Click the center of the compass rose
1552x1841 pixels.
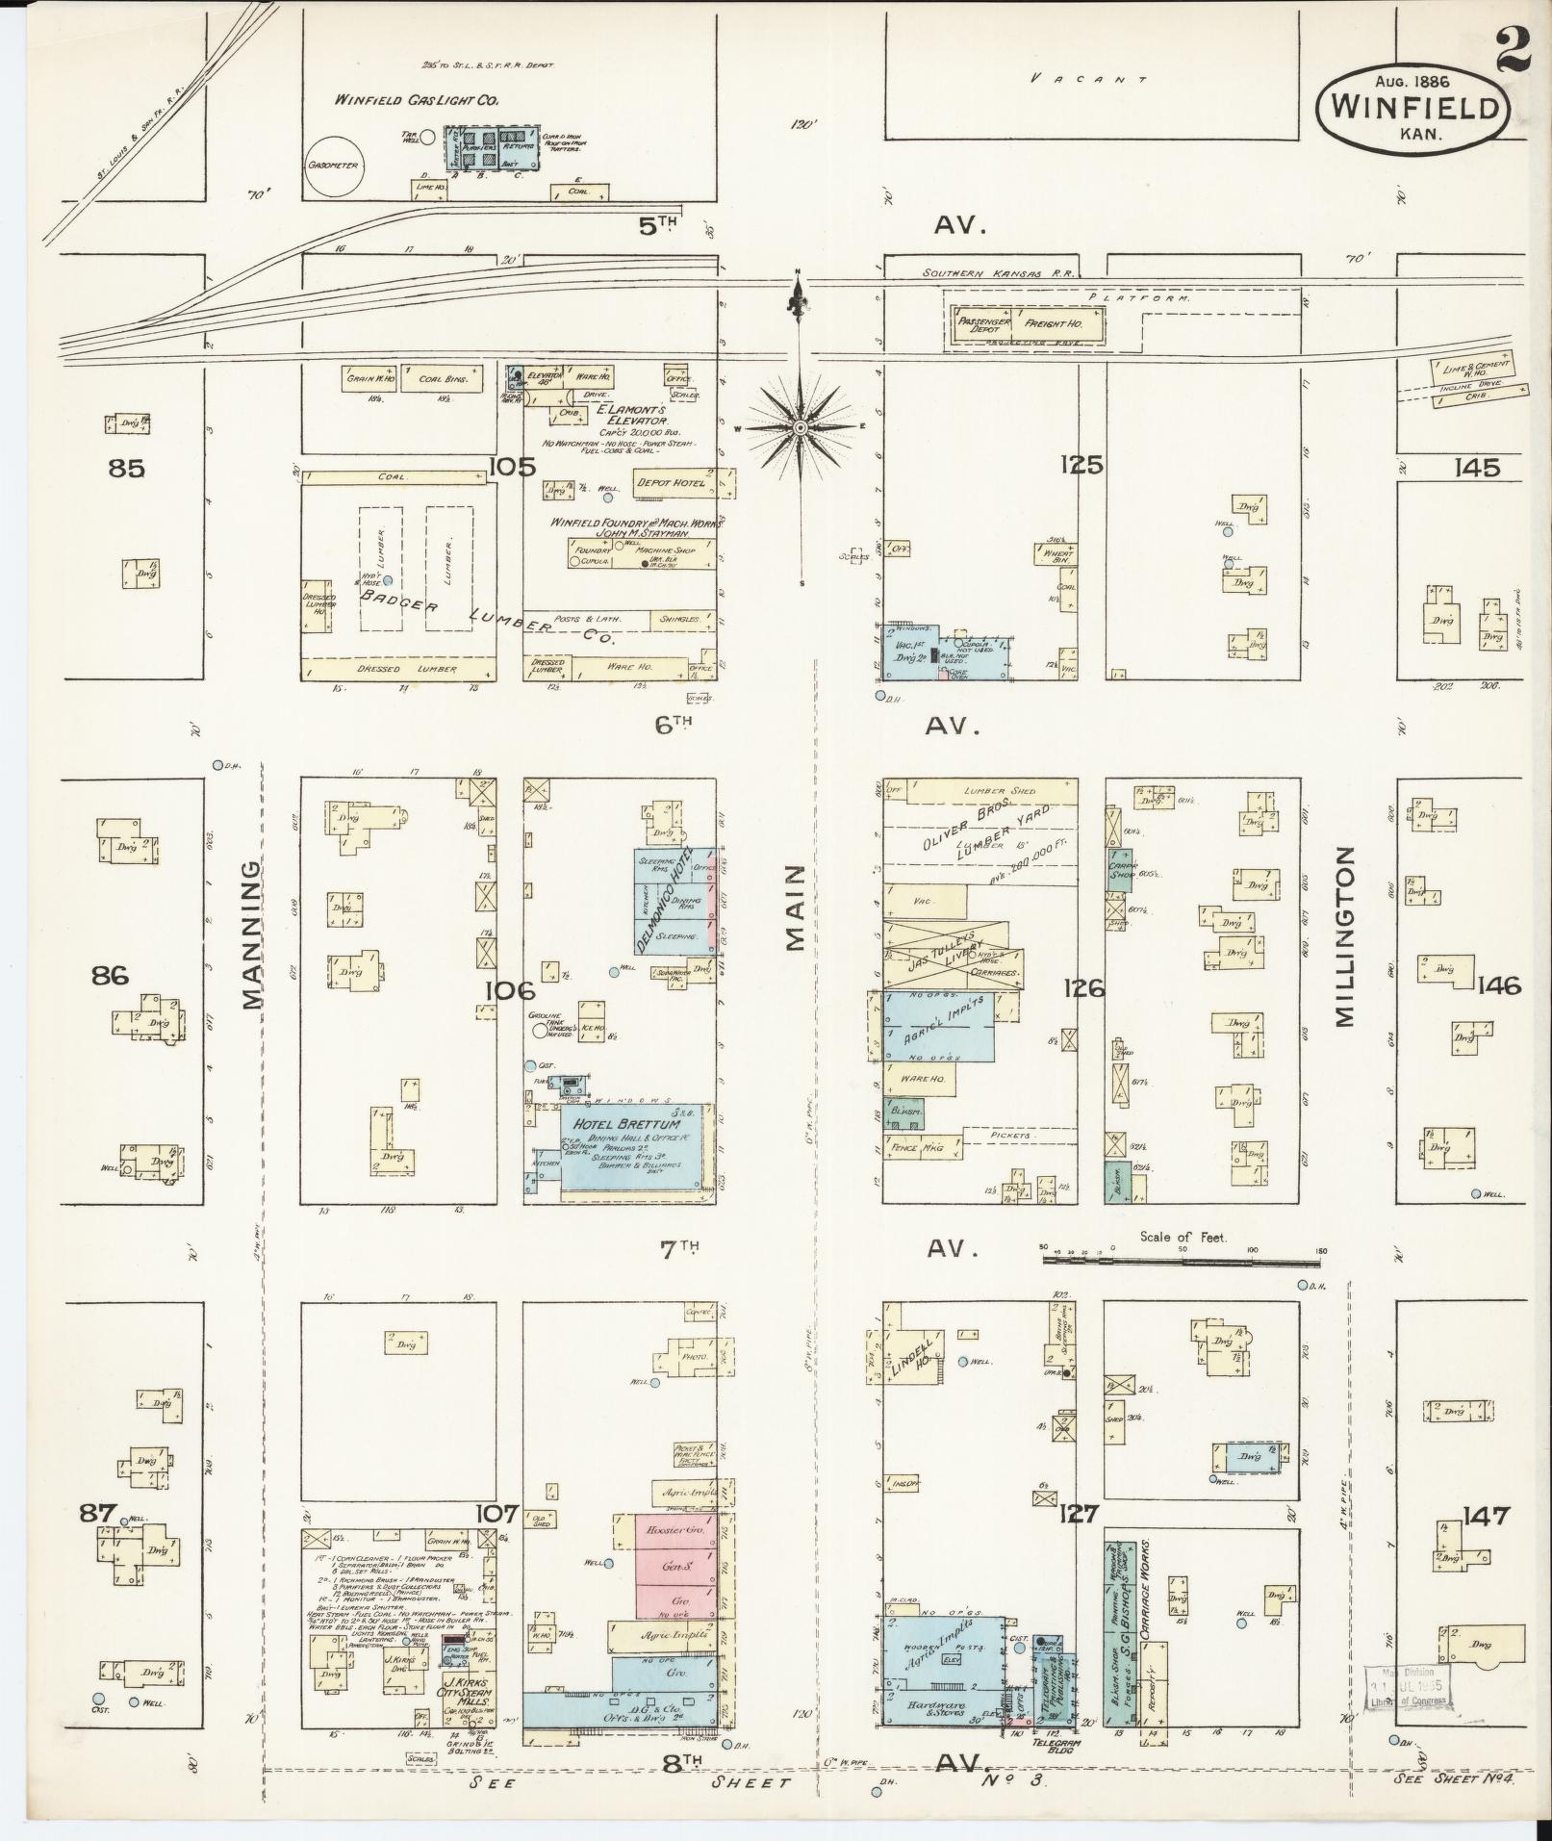click(801, 425)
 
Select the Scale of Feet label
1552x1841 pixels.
click(1183, 1238)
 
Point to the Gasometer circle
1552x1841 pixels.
click(333, 165)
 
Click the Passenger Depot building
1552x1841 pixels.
click(981, 323)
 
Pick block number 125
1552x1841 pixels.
click(1081, 466)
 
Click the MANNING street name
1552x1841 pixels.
click(251, 934)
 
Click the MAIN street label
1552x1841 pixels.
click(795, 908)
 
